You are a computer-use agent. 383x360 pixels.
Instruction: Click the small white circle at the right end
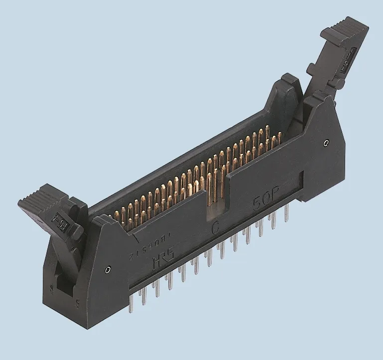tap(326, 144)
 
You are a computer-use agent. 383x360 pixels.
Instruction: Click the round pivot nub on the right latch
tap(313, 67)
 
